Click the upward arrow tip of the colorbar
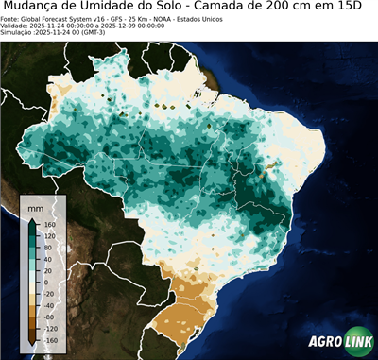(32, 219)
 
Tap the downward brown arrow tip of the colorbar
(32, 345)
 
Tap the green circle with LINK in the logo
(357, 344)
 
